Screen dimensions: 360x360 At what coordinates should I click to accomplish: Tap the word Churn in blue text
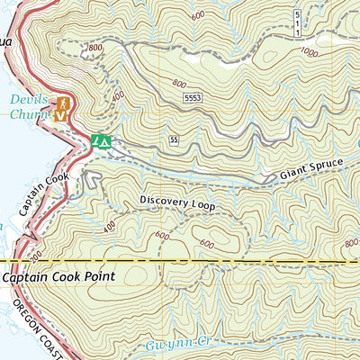coord(26,114)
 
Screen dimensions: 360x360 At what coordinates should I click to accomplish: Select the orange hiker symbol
coord(60,103)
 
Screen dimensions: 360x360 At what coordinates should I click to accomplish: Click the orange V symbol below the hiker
coord(60,115)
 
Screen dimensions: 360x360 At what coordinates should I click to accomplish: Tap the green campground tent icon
coord(100,141)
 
